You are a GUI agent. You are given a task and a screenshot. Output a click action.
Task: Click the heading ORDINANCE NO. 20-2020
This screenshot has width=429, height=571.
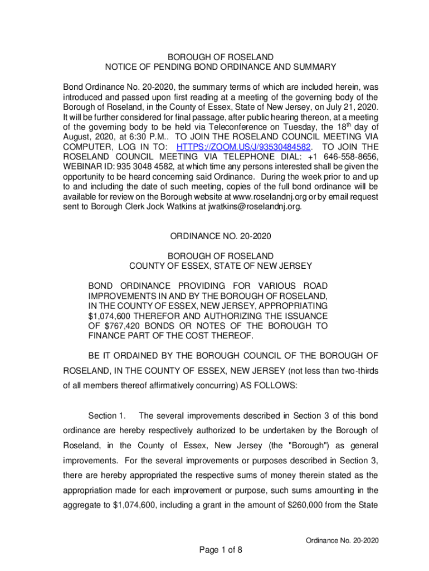(x=221, y=236)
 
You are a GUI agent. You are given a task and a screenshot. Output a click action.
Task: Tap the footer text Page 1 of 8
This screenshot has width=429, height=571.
(x=221, y=550)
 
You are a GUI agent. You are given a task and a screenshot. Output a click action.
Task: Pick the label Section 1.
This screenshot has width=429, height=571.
(x=107, y=416)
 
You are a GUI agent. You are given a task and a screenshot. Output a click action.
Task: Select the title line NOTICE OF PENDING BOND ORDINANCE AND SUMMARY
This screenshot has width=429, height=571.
(x=221, y=67)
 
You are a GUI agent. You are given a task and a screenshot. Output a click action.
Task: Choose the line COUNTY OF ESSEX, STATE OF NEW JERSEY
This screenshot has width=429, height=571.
(x=221, y=265)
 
